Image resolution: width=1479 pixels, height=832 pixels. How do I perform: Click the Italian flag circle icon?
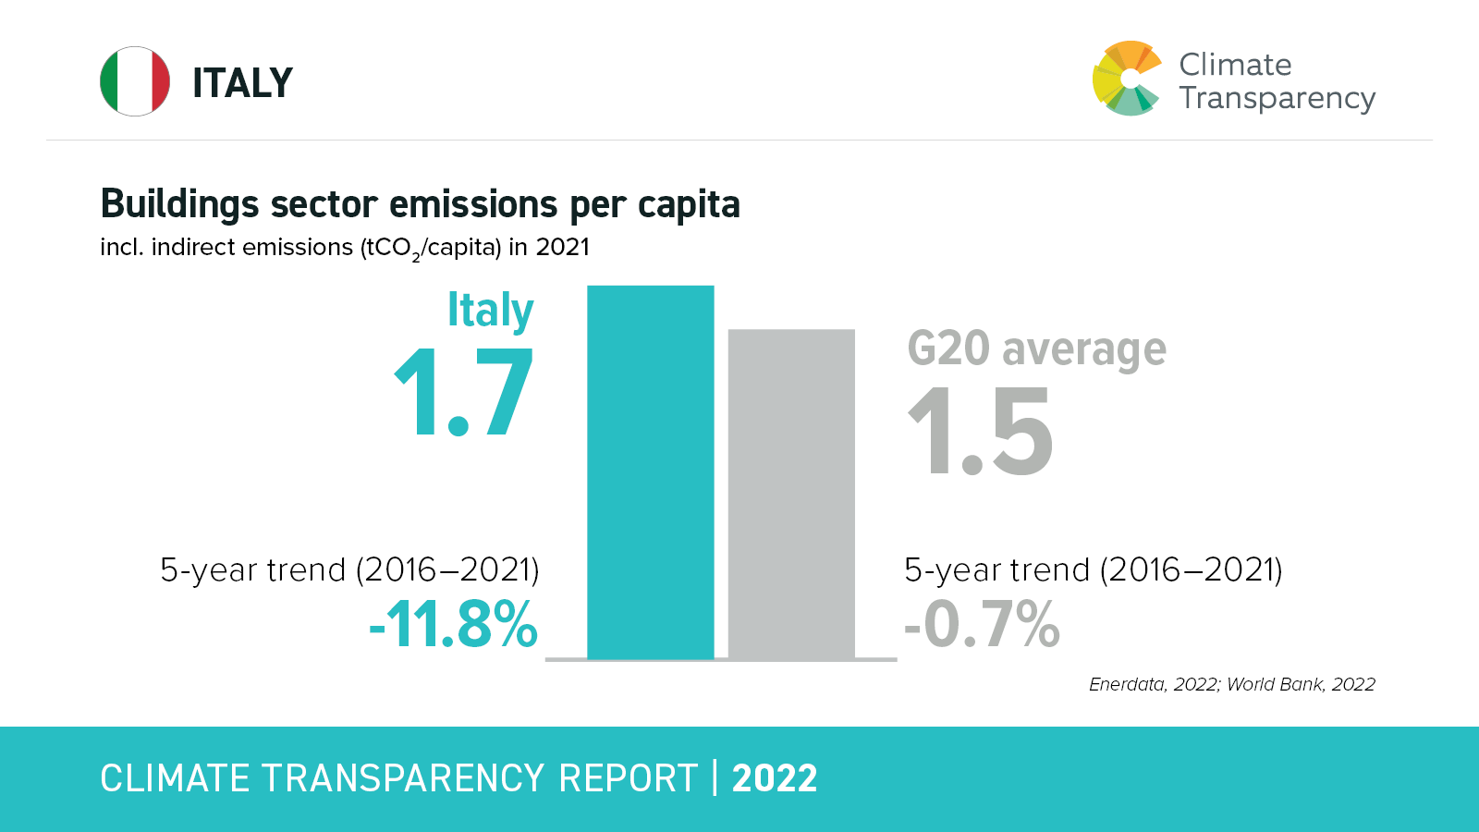click(x=135, y=81)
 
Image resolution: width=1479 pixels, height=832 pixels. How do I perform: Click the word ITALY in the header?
click(x=242, y=83)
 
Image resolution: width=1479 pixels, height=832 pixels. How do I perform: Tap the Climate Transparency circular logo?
click(x=1126, y=79)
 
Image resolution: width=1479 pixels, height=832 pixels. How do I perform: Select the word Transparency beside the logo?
click(x=1277, y=99)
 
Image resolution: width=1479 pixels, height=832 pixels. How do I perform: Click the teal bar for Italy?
click(x=651, y=471)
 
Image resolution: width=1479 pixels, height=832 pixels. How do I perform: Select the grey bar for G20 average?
click(x=791, y=494)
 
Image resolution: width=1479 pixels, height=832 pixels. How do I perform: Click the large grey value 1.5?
click(x=980, y=431)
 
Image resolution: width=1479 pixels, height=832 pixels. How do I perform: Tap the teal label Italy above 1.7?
click(x=490, y=311)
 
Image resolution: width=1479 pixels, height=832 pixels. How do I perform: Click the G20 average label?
click(x=1036, y=349)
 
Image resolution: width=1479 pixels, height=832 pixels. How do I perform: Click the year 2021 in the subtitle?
click(x=562, y=247)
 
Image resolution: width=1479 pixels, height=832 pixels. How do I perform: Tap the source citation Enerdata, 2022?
click(x=1154, y=684)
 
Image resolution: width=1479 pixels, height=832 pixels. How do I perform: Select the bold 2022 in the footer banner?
click(x=775, y=778)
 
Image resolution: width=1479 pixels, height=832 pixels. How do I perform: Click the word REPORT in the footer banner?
click(x=629, y=778)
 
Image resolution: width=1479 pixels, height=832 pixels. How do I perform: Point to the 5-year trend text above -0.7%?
click(x=1093, y=569)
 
